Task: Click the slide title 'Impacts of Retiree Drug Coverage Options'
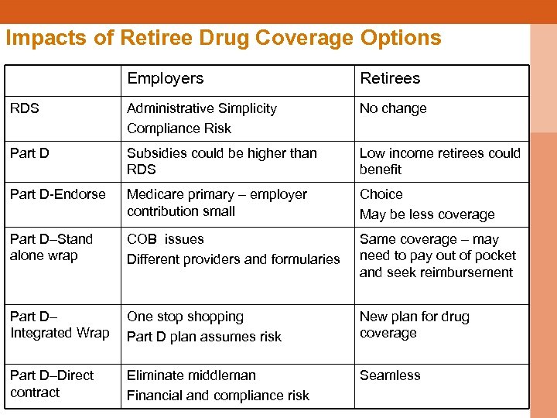point(223,38)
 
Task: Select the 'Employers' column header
point(165,78)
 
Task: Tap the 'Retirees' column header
point(390,78)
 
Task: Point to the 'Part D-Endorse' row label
point(58,194)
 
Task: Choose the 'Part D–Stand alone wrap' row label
point(51,247)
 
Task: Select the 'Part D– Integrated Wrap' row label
point(60,325)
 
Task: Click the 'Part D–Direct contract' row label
point(52,383)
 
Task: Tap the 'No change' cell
point(393,108)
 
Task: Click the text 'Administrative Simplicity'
point(202,108)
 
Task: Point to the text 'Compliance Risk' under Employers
point(179,128)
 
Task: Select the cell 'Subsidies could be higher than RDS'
point(221,161)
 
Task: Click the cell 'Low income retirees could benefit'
point(439,161)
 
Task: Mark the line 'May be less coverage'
point(427,214)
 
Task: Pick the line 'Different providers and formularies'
point(233,259)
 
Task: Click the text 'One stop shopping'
point(185,317)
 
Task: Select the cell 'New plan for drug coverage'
point(414,324)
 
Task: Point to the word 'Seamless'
point(390,375)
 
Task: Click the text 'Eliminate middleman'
point(191,375)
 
